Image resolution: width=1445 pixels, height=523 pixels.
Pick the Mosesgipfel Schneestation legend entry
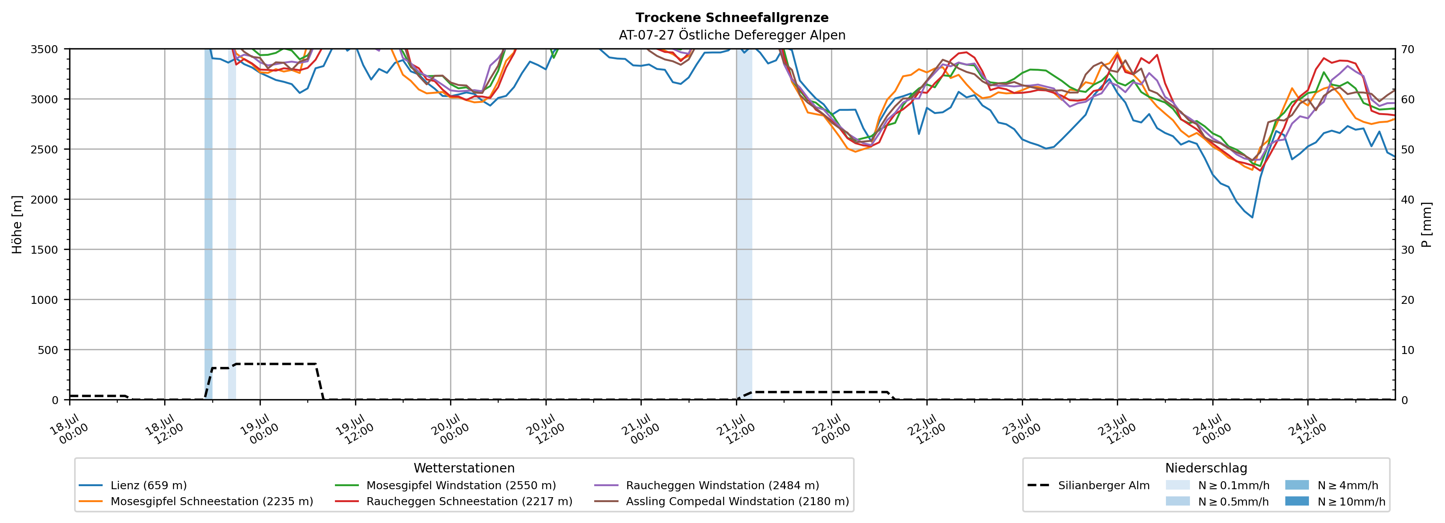[196, 501]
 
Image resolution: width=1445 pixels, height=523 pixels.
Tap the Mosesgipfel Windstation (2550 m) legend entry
[446, 485]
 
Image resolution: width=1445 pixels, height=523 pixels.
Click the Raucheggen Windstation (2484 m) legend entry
[706, 485]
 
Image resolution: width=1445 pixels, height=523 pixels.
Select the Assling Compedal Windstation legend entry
[722, 501]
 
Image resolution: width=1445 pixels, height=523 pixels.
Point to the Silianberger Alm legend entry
[1088, 485]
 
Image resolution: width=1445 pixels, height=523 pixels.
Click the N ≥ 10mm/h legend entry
[1335, 501]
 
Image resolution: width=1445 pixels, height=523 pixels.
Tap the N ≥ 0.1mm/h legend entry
[1217, 485]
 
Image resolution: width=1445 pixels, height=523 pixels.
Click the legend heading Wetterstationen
[464, 468]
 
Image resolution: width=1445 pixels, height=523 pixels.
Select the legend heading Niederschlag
[1206, 468]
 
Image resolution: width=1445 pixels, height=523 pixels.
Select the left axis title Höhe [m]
[17, 224]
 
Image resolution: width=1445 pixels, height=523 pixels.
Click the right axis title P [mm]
[1426, 224]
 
